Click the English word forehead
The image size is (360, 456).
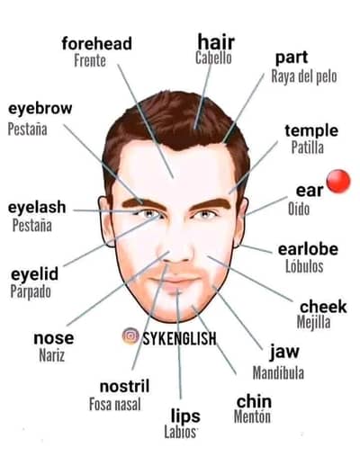[x=96, y=43]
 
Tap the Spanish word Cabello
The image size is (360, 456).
[x=213, y=58]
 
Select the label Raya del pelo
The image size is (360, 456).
[x=304, y=76]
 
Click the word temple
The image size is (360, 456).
[x=311, y=130]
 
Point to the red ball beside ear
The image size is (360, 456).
[x=338, y=181]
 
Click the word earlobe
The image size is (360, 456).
[x=308, y=249]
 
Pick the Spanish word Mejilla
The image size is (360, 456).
[x=313, y=322]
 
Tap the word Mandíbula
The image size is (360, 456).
[x=278, y=373]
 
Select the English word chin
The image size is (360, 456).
[x=254, y=401]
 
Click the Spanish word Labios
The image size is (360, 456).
[x=180, y=432]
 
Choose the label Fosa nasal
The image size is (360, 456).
[x=115, y=404]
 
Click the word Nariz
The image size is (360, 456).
[x=51, y=355]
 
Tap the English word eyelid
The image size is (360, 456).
[x=34, y=274]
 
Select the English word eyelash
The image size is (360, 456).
[x=37, y=208]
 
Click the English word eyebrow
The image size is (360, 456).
[x=40, y=109]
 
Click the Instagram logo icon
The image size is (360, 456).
[x=130, y=336]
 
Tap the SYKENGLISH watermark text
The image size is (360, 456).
[x=179, y=338]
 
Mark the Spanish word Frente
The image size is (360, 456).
[x=90, y=60]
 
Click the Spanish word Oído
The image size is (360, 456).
[x=299, y=209]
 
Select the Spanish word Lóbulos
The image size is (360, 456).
[x=304, y=266]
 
